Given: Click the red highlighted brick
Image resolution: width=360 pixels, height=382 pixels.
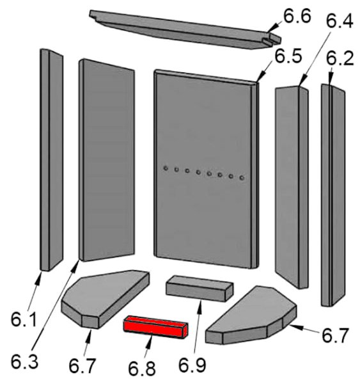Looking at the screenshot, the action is pyautogui.click(x=156, y=327).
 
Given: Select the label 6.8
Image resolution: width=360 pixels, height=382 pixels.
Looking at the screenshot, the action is pyautogui.click(x=142, y=369).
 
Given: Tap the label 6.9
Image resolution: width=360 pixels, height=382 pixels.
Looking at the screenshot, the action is pyautogui.click(x=192, y=365).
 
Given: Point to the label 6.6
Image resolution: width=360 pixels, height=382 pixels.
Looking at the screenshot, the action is pyautogui.click(x=297, y=17).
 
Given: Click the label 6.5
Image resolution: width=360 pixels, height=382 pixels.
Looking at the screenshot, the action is pyautogui.click(x=288, y=56).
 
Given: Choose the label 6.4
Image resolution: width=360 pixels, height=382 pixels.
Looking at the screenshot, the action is pyautogui.click(x=340, y=21).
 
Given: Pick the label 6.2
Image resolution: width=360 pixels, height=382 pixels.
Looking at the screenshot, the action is pyautogui.click(x=340, y=58).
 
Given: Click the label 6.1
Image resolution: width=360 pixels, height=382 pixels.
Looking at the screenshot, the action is pyautogui.click(x=24, y=319).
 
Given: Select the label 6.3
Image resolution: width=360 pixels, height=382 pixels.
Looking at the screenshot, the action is pyautogui.click(x=24, y=362).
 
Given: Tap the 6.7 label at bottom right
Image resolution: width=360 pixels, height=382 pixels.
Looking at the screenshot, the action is pyautogui.click(x=336, y=335).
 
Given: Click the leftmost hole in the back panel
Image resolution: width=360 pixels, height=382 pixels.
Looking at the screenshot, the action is pyautogui.click(x=166, y=168).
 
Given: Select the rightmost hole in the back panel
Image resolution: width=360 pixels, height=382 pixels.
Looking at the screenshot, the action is pyautogui.click(x=242, y=178).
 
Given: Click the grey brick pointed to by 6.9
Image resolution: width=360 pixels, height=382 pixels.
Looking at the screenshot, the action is pyautogui.click(x=200, y=289).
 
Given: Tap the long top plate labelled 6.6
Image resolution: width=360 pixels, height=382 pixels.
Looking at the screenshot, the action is pyautogui.click(x=185, y=29).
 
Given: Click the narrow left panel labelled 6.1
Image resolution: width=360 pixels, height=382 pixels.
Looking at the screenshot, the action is pyautogui.click(x=52, y=160).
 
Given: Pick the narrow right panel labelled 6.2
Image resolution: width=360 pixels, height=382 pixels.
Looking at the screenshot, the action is pyautogui.click(x=333, y=195).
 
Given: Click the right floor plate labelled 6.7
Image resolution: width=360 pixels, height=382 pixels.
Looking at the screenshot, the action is pyautogui.click(x=251, y=315).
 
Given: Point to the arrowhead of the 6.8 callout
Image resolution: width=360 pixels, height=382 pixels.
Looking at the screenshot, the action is pyautogui.click(x=150, y=338).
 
